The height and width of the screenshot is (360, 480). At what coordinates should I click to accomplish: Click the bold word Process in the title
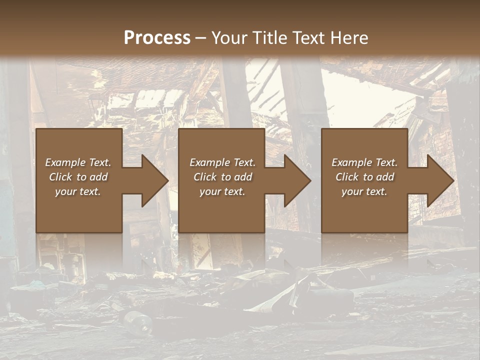157,38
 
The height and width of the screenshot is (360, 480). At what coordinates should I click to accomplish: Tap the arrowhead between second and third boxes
296,180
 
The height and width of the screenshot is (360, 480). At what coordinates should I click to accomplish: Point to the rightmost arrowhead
439,180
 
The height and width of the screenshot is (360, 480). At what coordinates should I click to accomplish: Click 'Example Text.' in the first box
78,162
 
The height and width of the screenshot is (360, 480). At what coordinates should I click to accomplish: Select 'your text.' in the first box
78,191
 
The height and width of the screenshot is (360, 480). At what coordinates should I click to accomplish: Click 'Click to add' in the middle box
222,177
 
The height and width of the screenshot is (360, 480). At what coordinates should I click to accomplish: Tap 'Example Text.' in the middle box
222,162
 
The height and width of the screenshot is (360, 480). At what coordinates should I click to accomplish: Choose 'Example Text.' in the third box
364,162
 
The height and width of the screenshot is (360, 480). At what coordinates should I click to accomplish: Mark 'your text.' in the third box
364,191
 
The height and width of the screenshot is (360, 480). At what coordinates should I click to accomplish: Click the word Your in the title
231,38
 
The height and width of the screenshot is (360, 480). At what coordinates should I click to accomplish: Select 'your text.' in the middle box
222,191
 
